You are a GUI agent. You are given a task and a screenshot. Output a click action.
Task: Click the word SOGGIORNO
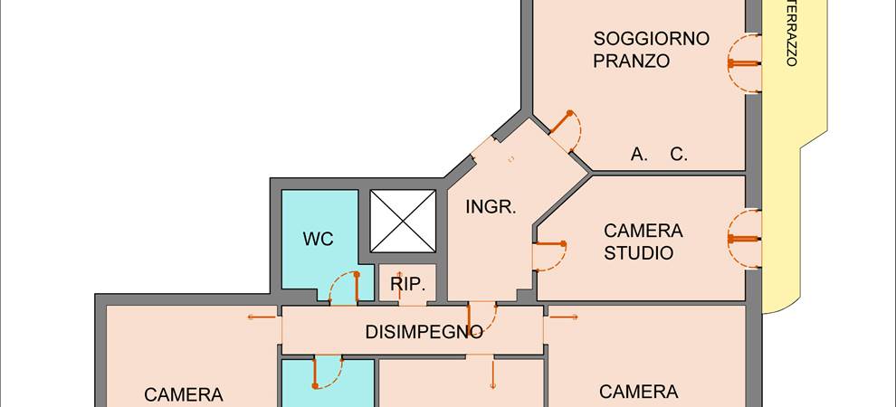(x=651, y=39)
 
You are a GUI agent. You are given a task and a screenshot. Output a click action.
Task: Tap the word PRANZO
(x=631, y=62)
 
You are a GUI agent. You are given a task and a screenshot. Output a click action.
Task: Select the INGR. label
(x=491, y=206)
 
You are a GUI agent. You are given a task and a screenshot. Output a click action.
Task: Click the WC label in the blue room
(x=318, y=239)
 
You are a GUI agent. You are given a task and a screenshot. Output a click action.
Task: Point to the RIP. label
(x=408, y=284)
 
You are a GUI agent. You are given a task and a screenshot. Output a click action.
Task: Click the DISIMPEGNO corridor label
(x=423, y=332)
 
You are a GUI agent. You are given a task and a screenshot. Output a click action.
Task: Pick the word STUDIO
(x=639, y=253)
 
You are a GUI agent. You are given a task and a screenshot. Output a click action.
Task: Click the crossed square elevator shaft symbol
(x=403, y=222)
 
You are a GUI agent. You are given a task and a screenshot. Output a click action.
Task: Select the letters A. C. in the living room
(x=659, y=155)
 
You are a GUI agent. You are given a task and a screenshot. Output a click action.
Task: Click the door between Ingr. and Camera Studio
(x=550, y=254)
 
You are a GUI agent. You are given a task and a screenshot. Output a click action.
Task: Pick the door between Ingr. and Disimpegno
(x=484, y=316)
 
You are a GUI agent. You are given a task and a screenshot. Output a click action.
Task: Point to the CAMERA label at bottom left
(x=183, y=395)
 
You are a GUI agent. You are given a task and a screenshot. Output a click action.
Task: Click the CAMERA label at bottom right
(x=638, y=392)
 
